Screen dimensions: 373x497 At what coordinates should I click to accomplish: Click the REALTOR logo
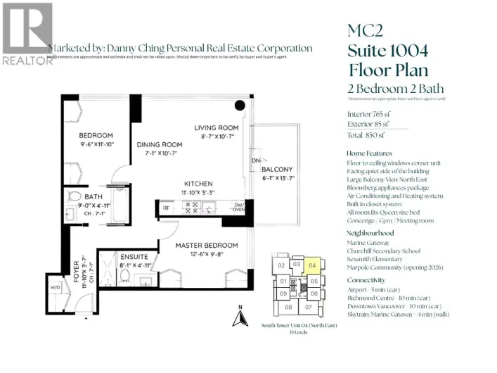click(x=27, y=33)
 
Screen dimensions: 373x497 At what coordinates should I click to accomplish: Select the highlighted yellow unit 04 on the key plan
click(x=314, y=265)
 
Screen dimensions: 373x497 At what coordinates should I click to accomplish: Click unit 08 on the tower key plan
click(x=288, y=308)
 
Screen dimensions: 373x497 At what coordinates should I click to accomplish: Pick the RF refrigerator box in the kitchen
click(x=166, y=208)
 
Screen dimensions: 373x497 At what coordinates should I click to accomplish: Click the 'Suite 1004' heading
click(x=387, y=50)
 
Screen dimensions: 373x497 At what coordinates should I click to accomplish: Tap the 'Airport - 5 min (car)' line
click(x=377, y=289)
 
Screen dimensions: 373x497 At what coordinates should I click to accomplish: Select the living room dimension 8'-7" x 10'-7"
click(x=217, y=136)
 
